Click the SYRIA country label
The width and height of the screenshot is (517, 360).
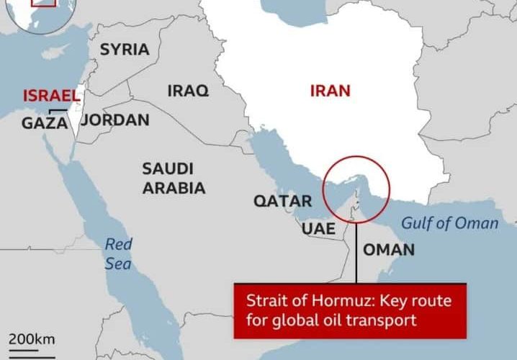125,50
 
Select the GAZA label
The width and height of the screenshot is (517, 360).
45,123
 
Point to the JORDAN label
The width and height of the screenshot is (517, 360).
115,120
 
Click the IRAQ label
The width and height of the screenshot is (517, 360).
188,91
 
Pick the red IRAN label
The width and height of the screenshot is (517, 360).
330,91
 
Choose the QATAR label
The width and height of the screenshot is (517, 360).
282,202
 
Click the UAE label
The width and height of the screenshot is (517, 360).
318,228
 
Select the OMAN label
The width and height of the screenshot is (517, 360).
388,250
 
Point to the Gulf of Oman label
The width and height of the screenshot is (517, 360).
449,223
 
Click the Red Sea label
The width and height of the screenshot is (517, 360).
118,254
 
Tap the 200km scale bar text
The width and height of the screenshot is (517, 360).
32,338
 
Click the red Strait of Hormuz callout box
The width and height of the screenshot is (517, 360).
349,310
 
